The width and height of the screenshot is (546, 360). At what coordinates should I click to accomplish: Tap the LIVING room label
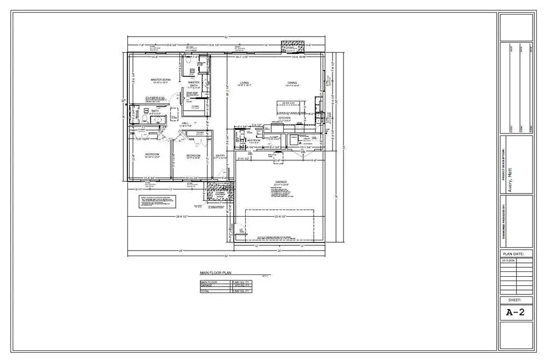click(x=244, y=83)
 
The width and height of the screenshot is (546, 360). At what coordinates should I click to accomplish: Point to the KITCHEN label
click(x=292, y=118)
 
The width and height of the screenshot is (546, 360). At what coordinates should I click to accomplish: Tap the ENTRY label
click(x=220, y=155)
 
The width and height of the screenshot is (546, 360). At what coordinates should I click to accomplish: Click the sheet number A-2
click(x=515, y=313)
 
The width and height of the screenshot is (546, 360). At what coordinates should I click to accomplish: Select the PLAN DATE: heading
click(x=515, y=253)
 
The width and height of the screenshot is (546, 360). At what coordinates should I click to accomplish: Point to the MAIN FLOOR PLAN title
click(x=215, y=274)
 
